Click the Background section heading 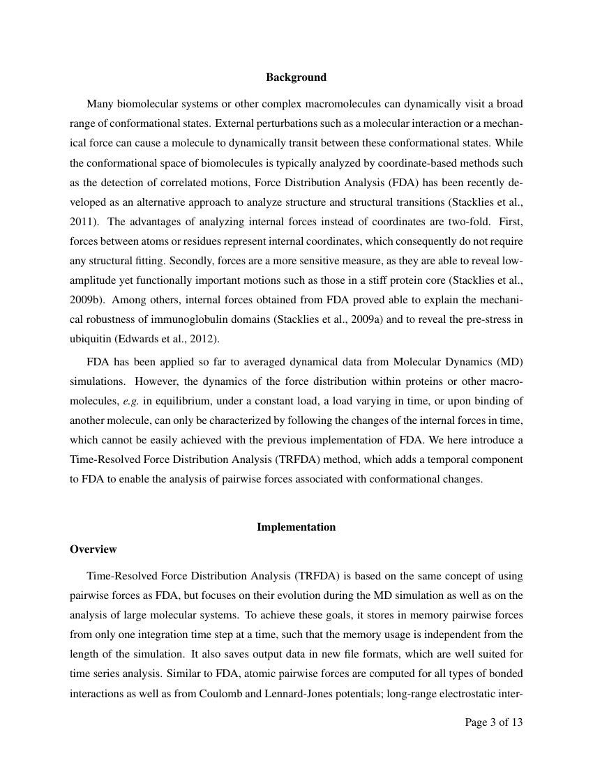pyautogui.click(x=296, y=77)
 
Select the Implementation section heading pyautogui.click(x=296, y=527)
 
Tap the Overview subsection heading pyautogui.click(x=93, y=549)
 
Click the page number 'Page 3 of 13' pyautogui.click(x=493, y=722)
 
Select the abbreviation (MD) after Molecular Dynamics pyautogui.click(x=508, y=364)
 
